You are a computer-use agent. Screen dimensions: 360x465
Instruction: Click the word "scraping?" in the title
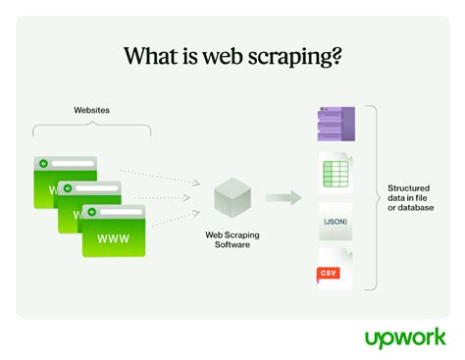[295, 57]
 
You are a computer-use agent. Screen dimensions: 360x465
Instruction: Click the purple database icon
[336, 126]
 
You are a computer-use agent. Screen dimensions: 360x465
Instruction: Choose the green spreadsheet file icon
[336, 173]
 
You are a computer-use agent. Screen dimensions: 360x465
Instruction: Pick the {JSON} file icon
[336, 221]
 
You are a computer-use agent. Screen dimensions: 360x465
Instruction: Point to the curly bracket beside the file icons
[373, 197]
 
